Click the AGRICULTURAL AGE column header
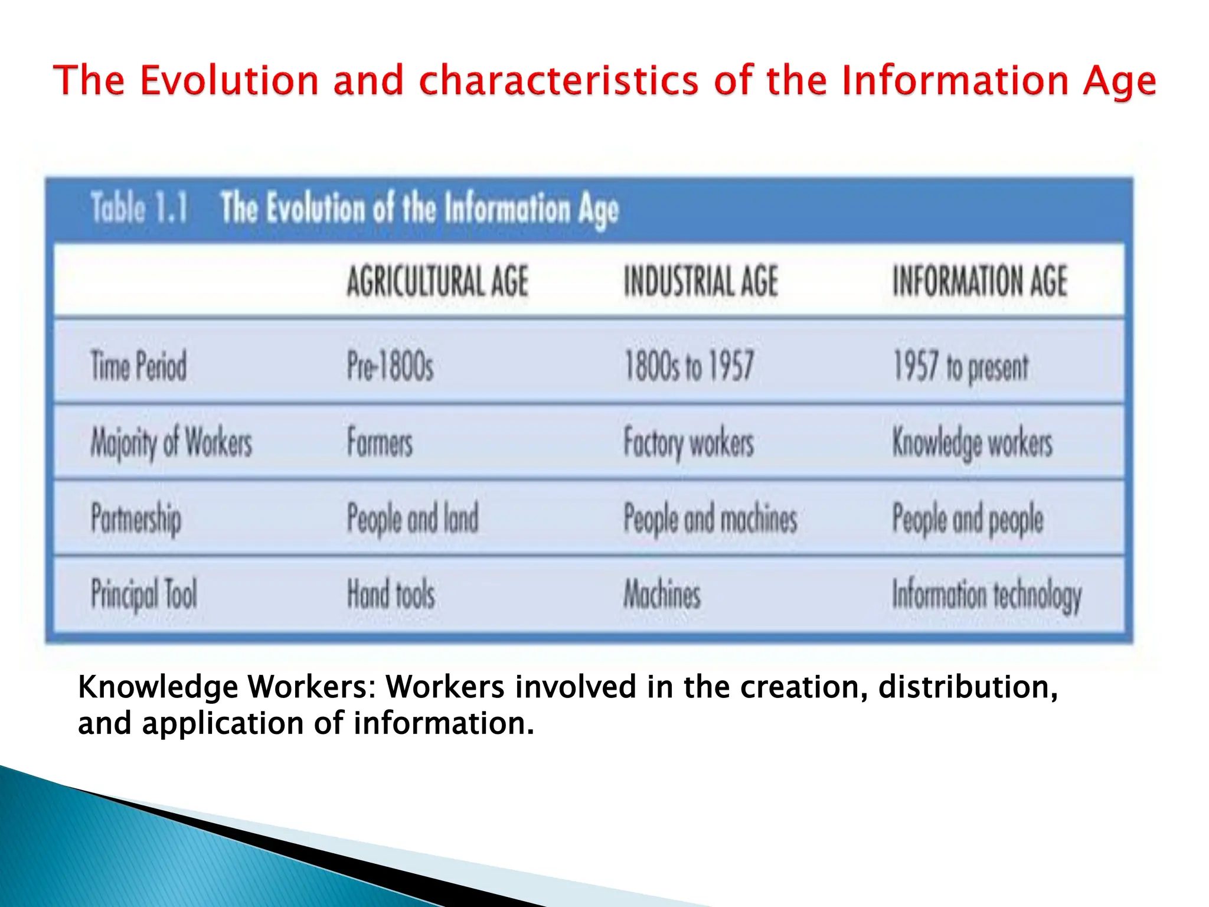pos(437,281)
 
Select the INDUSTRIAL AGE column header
pos(701,281)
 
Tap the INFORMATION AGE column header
pos(979,281)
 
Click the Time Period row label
pos(138,366)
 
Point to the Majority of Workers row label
pos(171,443)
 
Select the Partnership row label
pos(136,519)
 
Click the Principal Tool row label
pos(143,594)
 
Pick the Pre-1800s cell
pos(390,366)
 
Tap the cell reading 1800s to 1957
pos(689,366)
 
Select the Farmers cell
pos(380,442)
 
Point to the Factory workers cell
pos(689,443)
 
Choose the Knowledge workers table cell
pos(972,443)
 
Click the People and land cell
pos(413,518)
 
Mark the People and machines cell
pos(710,519)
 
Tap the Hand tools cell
pos(391,594)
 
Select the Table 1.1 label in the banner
pos(139,208)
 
